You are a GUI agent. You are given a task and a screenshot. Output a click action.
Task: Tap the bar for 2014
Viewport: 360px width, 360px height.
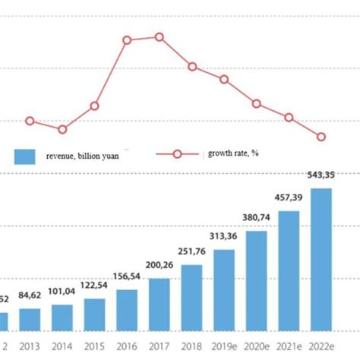[62, 317]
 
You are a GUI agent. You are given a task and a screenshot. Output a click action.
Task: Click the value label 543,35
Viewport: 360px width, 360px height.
[321, 175]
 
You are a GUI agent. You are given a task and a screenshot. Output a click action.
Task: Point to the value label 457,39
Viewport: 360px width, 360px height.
[289, 198]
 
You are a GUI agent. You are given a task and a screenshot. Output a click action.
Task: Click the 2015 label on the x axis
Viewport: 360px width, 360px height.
[94, 346]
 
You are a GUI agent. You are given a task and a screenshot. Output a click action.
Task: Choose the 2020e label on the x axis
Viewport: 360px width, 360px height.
[256, 346]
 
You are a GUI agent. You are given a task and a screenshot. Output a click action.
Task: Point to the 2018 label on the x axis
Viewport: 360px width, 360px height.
[191, 346]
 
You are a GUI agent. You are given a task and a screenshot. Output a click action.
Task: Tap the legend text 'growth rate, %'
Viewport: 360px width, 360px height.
[233, 153]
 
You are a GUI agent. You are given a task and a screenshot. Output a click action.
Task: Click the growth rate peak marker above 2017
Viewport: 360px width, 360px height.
[159, 36]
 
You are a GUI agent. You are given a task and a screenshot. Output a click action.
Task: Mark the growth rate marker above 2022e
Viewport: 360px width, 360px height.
[321, 137]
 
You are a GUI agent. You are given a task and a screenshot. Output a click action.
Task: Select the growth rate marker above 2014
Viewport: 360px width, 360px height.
[62, 129]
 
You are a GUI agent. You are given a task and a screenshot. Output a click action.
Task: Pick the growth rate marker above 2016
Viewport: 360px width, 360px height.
[127, 39]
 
